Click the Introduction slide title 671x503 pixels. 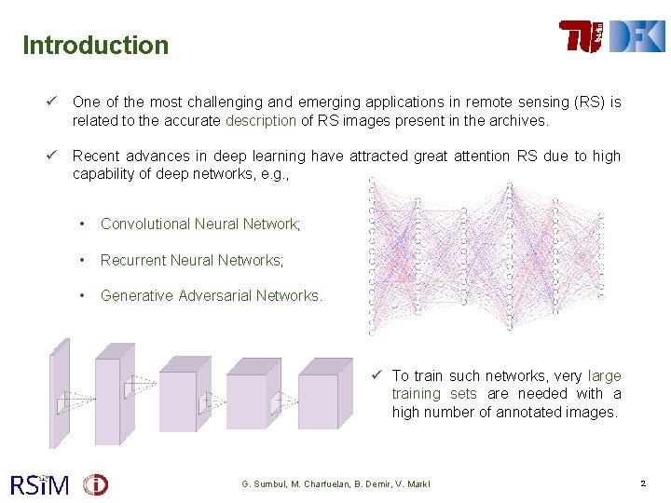[95, 45]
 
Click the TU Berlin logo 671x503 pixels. [582, 36]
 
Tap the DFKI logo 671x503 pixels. [637, 36]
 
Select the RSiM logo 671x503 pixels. [39, 484]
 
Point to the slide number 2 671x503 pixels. [643, 483]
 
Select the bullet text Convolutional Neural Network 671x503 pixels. [200, 224]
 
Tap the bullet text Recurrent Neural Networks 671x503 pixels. [192, 260]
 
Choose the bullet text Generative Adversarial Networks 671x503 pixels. [212, 295]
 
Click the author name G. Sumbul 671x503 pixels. [266, 484]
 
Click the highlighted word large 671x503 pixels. [604, 375]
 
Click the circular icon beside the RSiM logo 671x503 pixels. [95, 484]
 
